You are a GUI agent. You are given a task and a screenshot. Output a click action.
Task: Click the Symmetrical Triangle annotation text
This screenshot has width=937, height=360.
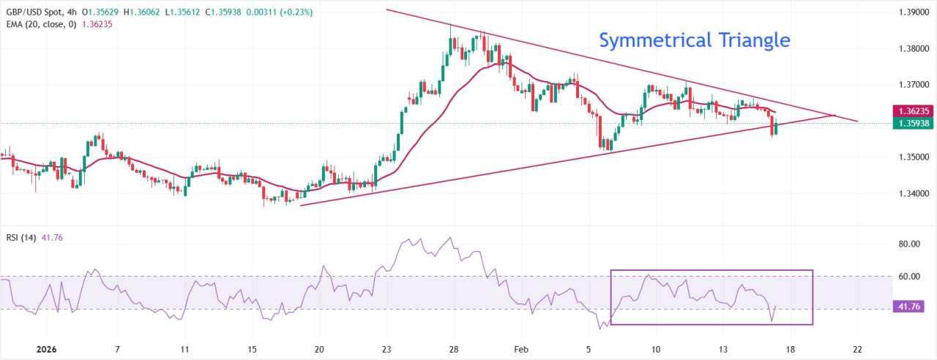point(694,40)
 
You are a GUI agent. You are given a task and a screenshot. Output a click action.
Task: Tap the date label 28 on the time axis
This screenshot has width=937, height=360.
point(453,349)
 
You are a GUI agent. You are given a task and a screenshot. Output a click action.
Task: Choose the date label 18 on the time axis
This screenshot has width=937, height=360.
point(790,349)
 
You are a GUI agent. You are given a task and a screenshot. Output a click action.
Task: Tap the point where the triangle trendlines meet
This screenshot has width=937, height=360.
point(834,115)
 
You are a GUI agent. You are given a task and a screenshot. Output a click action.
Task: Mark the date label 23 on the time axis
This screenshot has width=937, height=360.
point(387,349)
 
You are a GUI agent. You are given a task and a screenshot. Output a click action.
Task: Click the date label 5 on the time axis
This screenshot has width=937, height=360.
point(589,349)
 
